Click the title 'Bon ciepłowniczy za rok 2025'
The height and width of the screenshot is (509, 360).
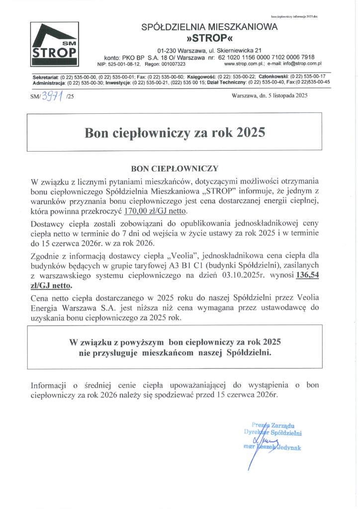(175, 133)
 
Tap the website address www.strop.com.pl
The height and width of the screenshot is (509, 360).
(245, 64)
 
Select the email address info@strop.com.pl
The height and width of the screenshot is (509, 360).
(300, 64)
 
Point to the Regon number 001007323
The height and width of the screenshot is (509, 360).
(172, 64)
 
